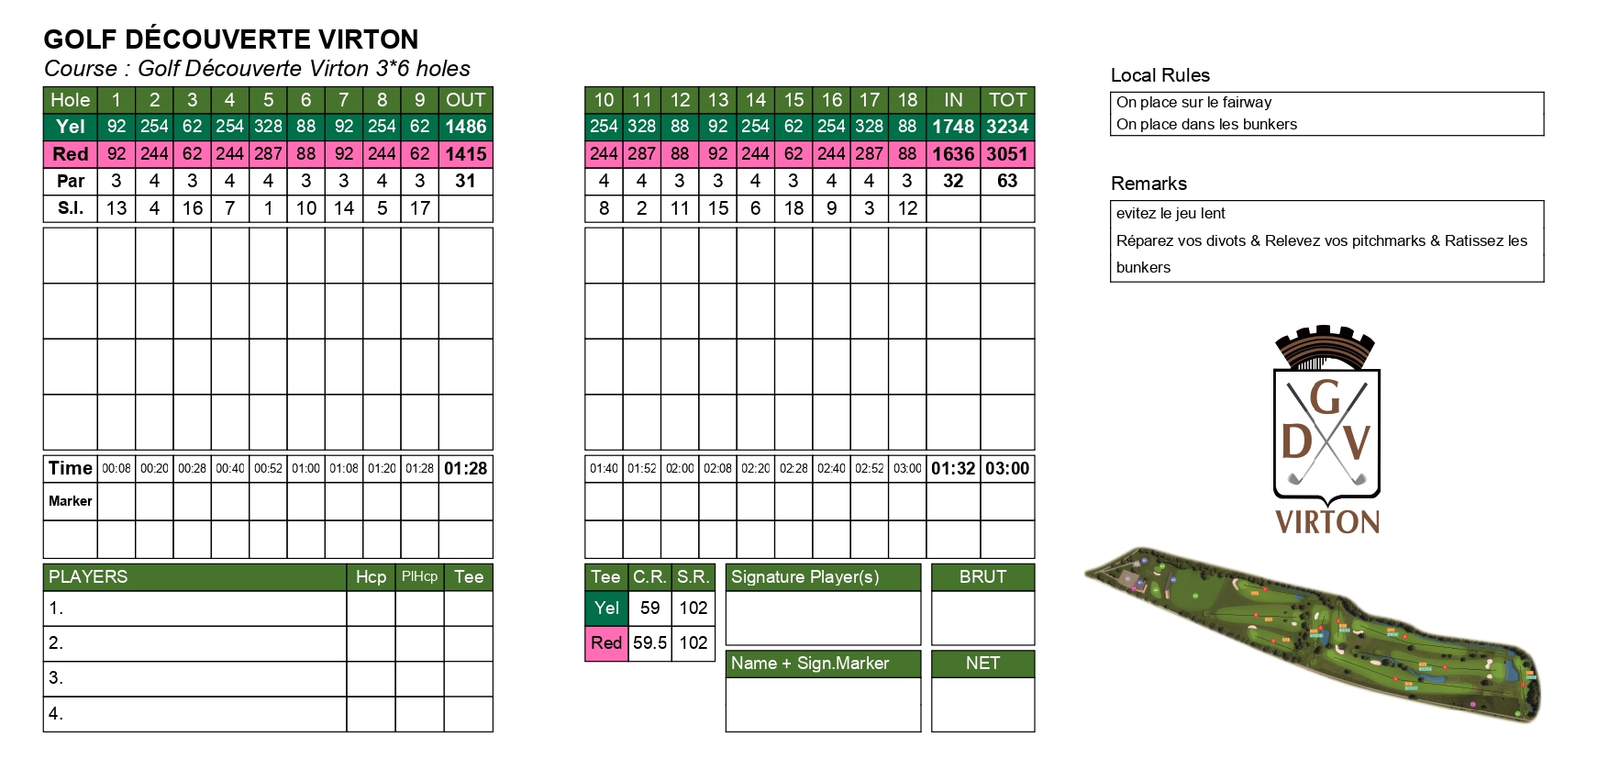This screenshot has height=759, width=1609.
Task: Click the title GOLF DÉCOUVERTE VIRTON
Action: click(231, 39)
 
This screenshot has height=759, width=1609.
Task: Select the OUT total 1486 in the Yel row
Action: click(465, 127)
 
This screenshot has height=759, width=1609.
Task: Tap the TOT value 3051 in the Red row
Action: click(1007, 154)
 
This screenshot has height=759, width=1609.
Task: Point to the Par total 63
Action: click(1007, 181)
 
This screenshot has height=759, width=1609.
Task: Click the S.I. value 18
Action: click(793, 208)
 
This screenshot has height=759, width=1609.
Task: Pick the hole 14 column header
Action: click(755, 100)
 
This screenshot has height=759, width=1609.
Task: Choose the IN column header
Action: click(953, 100)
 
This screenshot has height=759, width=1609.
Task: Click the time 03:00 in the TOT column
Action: click(1007, 468)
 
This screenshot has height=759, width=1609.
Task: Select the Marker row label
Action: click(71, 501)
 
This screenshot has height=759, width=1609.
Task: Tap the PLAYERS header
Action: click(88, 576)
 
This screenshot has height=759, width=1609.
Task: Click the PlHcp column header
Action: click(419, 576)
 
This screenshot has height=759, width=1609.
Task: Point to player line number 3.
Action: click(56, 678)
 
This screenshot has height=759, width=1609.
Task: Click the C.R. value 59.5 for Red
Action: click(649, 642)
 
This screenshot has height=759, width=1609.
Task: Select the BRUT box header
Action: click(982, 576)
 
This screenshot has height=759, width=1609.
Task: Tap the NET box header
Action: click(982, 663)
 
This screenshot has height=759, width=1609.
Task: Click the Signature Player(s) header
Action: click(804, 576)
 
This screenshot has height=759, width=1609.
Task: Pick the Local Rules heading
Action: click(1160, 75)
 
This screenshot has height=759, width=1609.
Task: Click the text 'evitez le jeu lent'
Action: click(1171, 213)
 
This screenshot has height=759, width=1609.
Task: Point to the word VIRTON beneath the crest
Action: click(1327, 522)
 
